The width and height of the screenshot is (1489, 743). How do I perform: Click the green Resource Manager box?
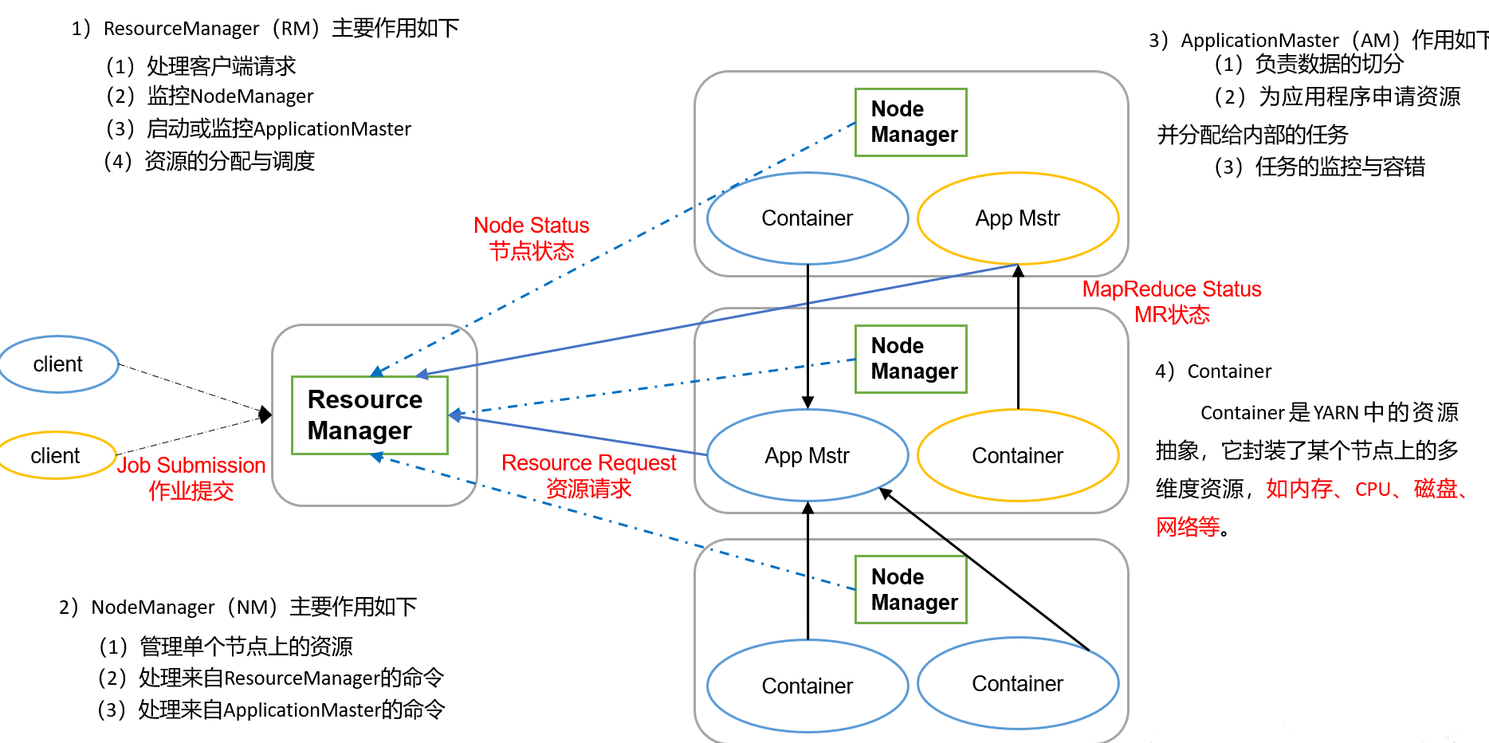click(369, 415)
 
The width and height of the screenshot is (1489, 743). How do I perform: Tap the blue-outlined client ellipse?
click(58, 364)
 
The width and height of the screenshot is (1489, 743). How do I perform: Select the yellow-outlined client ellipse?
click(56, 455)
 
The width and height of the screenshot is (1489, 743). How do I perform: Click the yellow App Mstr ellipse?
click(1018, 218)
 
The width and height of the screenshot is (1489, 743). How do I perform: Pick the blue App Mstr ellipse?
click(807, 455)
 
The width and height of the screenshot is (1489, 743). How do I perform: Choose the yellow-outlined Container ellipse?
click(1018, 455)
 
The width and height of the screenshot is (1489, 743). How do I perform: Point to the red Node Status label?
click(531, 226)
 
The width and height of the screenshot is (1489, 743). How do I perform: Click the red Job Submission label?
click(191, 466)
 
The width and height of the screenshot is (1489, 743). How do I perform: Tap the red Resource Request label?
click(588, 463)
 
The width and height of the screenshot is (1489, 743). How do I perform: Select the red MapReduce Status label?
click(1171, 289)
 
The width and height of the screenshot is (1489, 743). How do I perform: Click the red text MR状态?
click(1172, 315)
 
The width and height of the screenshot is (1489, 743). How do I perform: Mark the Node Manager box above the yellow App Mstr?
click(911, 122)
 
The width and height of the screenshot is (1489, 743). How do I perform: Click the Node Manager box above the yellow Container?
click(911, 359)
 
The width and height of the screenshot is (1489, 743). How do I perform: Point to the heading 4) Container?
click(1213, 371)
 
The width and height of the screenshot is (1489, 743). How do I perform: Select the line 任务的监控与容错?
click(1339, 167)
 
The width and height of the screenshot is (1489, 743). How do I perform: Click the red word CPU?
click(1373, 489)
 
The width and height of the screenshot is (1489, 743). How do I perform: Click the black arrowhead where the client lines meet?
click(266, 415)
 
